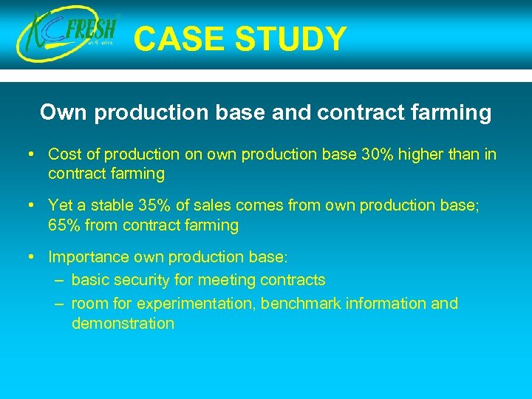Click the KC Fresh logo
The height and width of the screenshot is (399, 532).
click(x=69, y=35)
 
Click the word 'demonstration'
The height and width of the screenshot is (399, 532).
click(x=123, y=323)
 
